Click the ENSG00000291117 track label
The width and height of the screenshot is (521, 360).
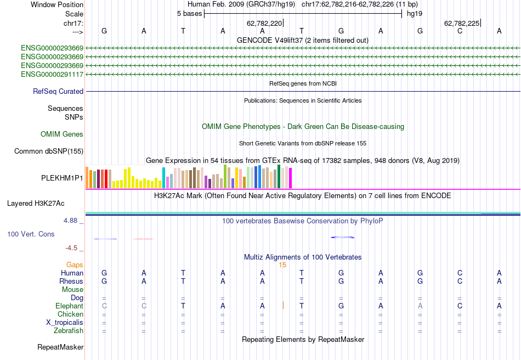pyautogui.click(x=52, y=74)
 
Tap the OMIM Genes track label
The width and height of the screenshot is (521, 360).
pyautogui.click(x=62, y=134)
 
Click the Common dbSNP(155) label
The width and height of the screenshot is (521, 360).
pyautogui.click(x=49, y=151)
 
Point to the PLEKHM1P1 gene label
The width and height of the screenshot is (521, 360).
pyautogui.click(x=62, y=178)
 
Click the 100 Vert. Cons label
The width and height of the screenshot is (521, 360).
pyautogui.click(x=31, y=234)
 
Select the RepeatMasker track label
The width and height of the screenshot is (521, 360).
pyautogui.click(x=60, y=347)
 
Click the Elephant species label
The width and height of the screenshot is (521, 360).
pyautogui.click(x=69, y=306)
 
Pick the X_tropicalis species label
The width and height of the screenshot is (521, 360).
pyautogui.click(x=65, y=322)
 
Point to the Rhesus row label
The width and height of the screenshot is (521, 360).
pyautogui.click(x=71, y=281)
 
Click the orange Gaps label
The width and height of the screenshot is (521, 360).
pyautogui.click(x=75, y=265)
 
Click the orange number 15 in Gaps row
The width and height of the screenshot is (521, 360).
pyautogui.click(x=282, y=265)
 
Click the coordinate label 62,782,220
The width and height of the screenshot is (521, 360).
pyautogui.click(x=264, y=24)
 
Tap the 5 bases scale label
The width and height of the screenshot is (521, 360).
pyautogui.click(x=189, y=14)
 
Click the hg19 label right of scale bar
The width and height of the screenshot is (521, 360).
pyautogui.click(x=414, y=14)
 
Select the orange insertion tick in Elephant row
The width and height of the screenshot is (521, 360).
pyautogui.click(x=283, y=305)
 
